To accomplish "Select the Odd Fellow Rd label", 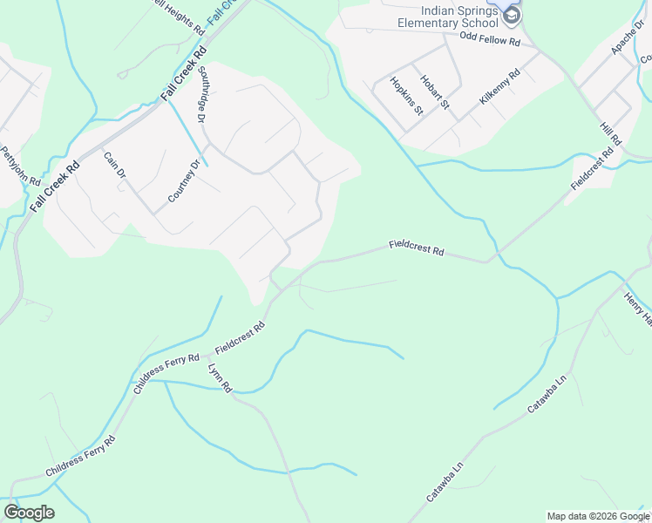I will (489, 41).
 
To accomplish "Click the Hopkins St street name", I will (406, 96).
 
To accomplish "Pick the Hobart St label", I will (433, 92).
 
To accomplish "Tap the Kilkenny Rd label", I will (499, 87).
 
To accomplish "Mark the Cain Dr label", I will (116, 166).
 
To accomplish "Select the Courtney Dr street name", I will (184, 179).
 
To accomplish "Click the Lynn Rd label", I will (220, 377).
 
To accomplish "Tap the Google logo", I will (29, 513).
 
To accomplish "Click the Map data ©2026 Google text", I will (599, 516).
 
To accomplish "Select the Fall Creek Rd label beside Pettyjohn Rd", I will (54, 187).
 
